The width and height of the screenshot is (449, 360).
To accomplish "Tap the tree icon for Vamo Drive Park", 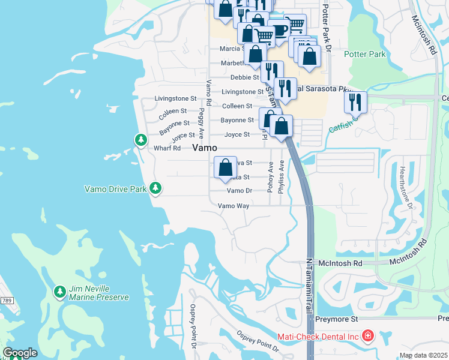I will coord(155,188).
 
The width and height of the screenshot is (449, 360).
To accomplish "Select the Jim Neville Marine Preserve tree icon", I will coord(59,292).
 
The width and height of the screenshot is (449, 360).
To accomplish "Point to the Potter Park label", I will coord(364,54).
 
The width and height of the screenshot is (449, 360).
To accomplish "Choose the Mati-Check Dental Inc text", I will coord(318,337).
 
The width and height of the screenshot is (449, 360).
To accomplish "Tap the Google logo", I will coord(20,353).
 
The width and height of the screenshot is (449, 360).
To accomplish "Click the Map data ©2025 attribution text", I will coord(423,355).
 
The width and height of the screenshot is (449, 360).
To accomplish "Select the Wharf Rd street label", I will coord(168,148).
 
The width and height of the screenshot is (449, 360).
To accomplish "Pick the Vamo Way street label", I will coord(233,205).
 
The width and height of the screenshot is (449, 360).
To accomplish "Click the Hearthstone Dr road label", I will coord(403,187).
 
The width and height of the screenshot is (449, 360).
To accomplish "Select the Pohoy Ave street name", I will coord(270,176).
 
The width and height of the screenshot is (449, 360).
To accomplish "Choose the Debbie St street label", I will coord(244,77).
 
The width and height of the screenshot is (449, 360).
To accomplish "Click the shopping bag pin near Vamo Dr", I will coord(225,167).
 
